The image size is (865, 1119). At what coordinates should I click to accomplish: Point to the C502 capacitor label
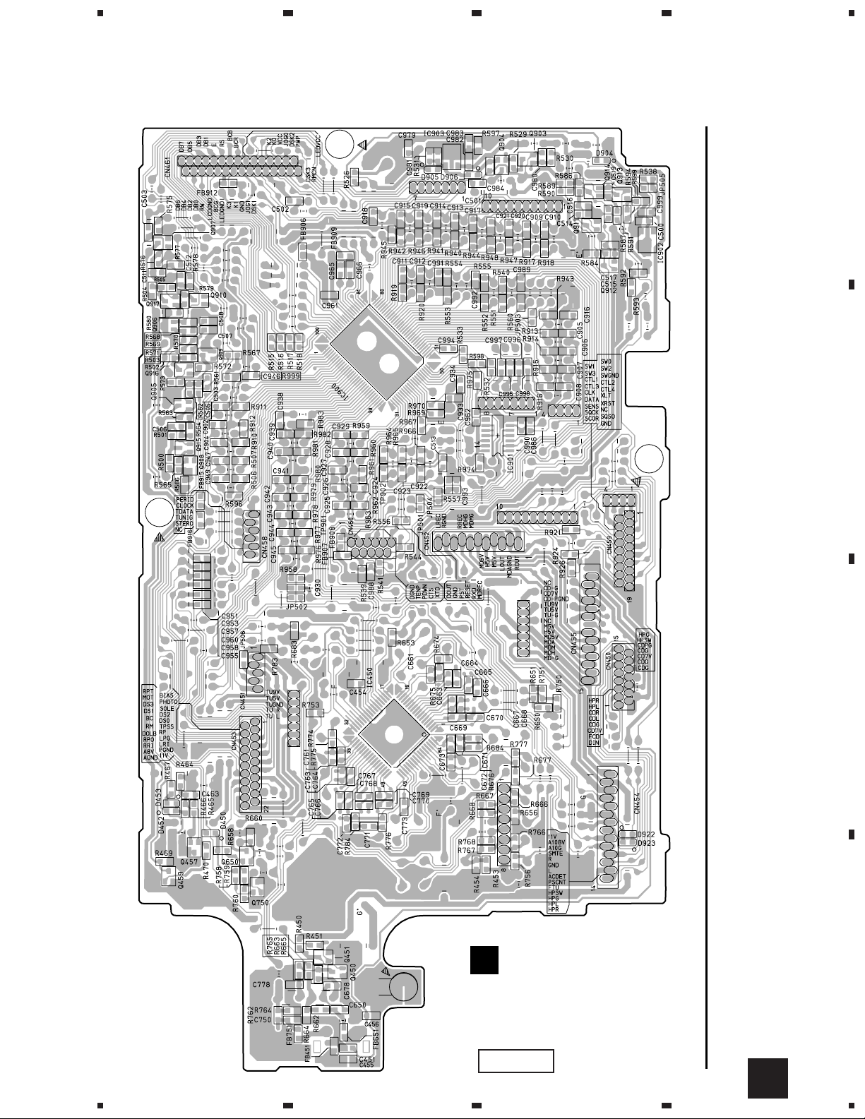[x=280, y=210]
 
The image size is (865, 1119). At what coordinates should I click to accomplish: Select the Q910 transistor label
[x=218, y=295]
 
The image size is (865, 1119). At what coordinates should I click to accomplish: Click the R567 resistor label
[x=251, y=353]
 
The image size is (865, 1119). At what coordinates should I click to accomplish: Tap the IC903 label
[x=434, y=133]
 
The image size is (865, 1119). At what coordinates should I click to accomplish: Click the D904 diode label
[x=604, y=153]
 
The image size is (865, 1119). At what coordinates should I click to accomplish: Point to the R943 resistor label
[x=565, y=279]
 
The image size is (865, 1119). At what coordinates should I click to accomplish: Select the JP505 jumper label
[x=662, y=181]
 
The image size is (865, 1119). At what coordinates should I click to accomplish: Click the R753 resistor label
[x=311, y=705]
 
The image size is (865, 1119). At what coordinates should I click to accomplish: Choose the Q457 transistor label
[x=189, y=861]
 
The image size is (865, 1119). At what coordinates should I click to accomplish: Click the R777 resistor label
[x=519, y=745]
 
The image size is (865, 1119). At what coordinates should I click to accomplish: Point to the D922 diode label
[x=647, y=834]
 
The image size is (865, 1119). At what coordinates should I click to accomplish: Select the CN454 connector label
[x=638, y=803]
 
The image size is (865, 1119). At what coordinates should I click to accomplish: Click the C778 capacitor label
[x=262, y=983]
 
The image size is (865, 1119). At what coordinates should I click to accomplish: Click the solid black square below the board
[x=484, y=960]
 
